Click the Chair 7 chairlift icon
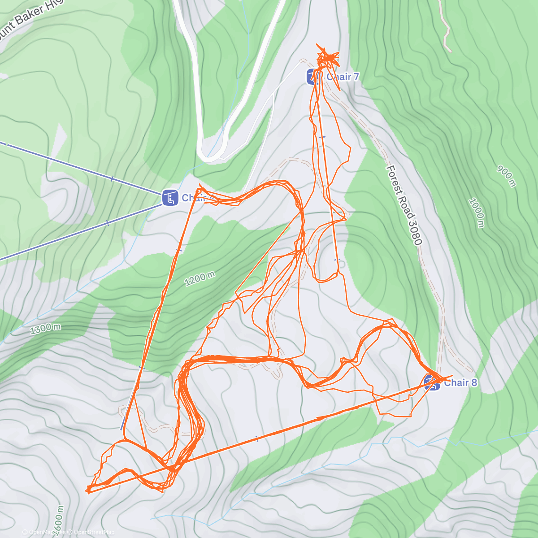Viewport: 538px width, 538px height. (313, 77)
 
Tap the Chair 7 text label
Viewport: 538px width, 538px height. (342, 77)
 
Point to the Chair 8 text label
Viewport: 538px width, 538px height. (460, 383)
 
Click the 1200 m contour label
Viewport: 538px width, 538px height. (200, 279)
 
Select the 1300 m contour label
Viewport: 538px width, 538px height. (46, 329)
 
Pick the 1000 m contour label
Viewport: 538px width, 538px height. (476, 213)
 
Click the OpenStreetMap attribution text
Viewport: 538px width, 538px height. (94, 532)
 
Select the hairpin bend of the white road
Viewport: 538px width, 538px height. (209, 157)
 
